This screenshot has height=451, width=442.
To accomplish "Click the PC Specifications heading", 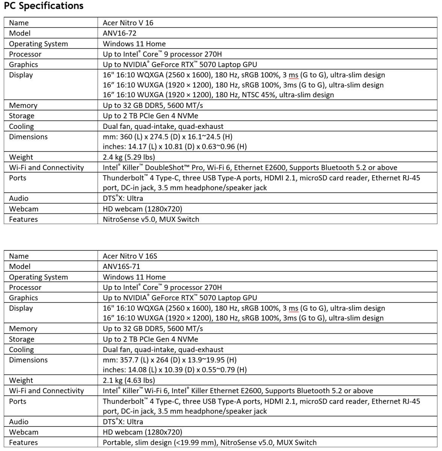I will (44, 6).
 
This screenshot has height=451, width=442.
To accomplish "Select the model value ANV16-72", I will (119, 33).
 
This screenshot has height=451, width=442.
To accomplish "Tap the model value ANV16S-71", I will (122, 266).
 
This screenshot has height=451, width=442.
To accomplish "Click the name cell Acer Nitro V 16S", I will (130, 256).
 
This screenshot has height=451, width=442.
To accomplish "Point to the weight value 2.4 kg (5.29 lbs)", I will (129, 157).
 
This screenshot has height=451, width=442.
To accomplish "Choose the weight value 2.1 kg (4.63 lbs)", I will (129, 380).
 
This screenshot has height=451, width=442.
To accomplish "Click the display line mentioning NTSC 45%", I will (218, 95).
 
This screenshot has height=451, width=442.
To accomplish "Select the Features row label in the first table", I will (23, 219).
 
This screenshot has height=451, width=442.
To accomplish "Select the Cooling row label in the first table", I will (21, 126).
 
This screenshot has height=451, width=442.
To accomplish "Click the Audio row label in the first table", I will (18, 198).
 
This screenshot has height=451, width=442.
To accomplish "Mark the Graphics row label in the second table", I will (23, 298).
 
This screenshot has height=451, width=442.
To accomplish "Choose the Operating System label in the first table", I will (38, 44).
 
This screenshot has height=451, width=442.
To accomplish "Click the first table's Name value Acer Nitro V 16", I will (128, 23).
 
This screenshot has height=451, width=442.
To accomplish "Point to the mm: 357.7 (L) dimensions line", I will (169, 360).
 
